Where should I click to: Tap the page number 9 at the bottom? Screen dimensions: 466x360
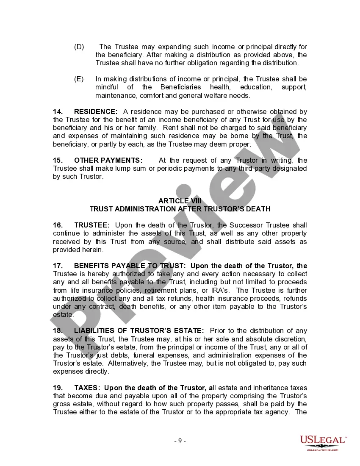coord(180,441)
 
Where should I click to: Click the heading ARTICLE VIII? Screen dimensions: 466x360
coord(180,201)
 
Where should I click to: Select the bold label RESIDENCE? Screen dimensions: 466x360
coord(96,111)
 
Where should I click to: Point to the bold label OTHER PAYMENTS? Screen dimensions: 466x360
coord(108,160)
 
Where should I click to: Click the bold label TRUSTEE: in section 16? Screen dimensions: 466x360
coord(92,225)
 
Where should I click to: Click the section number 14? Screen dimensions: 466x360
coord(58,111)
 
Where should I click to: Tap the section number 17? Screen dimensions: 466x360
coord(58,266)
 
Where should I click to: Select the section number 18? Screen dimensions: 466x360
coord(58,330)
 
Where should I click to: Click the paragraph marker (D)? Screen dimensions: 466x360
coord(79,47)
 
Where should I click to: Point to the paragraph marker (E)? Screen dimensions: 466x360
coord(79,79)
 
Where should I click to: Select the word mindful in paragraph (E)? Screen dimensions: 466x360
coord(107,87)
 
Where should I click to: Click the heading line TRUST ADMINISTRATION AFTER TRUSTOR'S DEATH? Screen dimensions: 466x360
coord(180,209)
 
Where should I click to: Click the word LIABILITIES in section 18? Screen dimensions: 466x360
coord(94,330)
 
